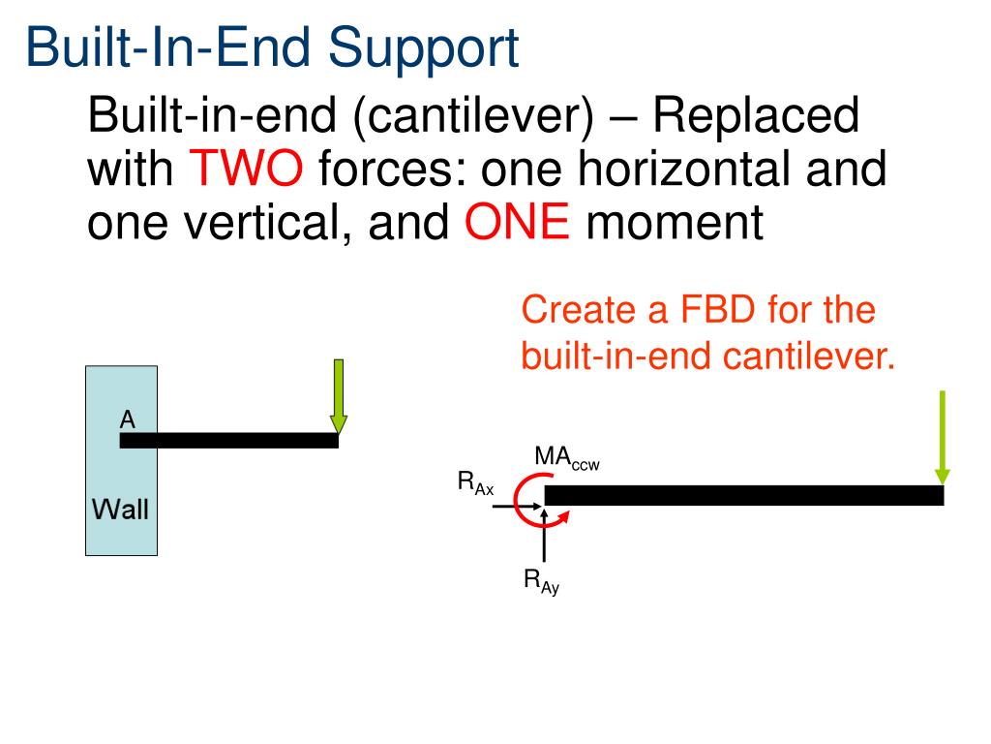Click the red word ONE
(517, 225)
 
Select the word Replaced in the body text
(755, 116)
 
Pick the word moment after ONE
(675, 225)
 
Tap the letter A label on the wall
(127, 419)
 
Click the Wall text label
(120, 508)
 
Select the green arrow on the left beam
(338, 397)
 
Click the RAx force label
(475, 482)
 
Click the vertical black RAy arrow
(545, 538)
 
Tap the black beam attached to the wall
(228, 441)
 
